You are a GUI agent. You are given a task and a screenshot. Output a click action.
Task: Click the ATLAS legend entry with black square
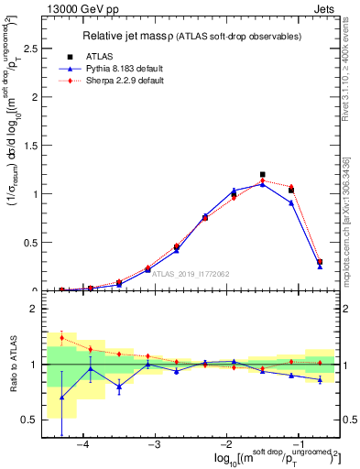coord(103,57)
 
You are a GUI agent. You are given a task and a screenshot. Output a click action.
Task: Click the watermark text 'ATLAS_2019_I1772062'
coord(190,273)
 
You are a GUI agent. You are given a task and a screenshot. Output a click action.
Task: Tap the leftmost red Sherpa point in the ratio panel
coord(61,338)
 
